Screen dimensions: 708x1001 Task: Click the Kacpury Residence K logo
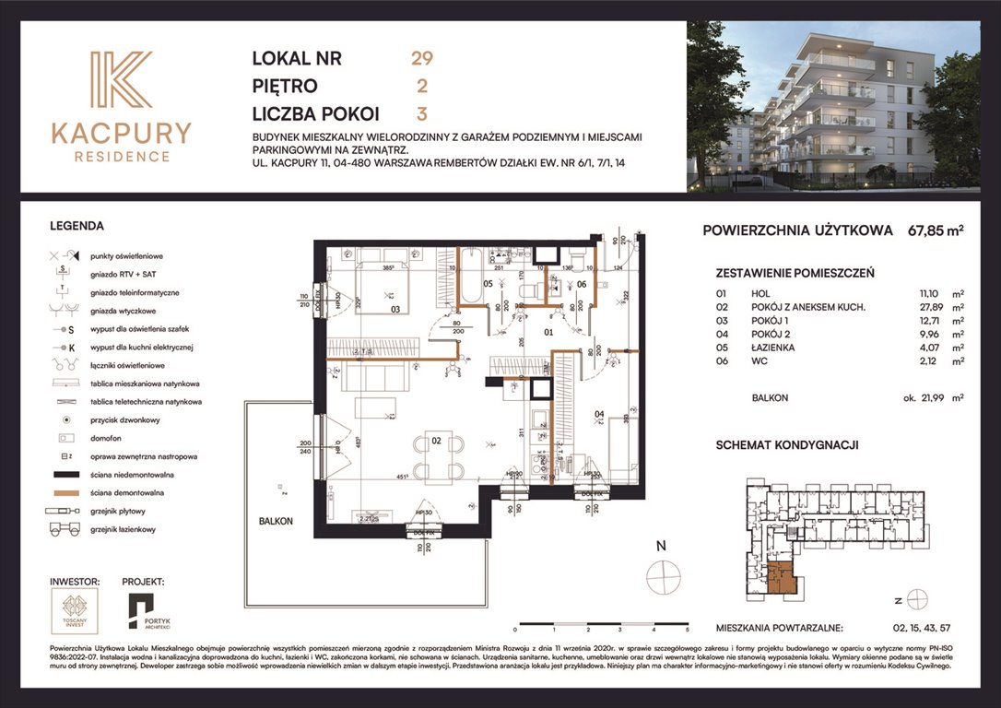tap(122, 80)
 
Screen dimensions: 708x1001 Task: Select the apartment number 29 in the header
tap(421, 58)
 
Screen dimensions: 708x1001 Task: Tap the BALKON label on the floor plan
tap(276, 521)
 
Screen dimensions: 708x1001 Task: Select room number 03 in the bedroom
tap(395, 310)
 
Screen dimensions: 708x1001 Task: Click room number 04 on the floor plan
tap(599, 414)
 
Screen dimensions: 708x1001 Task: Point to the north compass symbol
tap(662, 578)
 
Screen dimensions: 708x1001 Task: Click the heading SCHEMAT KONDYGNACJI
tap(787, 444)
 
